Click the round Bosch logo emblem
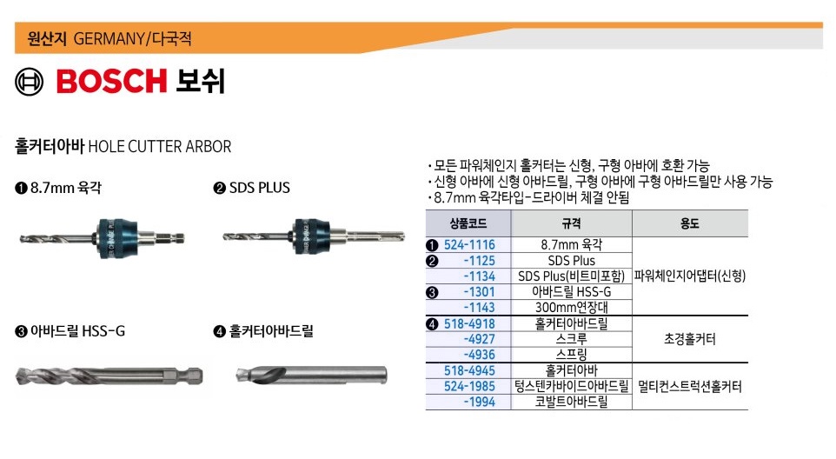30,82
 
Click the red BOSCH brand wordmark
112,81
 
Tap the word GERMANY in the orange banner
109,39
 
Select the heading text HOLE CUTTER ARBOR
159,147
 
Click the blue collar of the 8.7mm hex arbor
116,238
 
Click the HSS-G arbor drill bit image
109,376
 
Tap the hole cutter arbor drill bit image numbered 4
311,375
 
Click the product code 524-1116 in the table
469,244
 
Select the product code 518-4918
469,323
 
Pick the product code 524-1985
469,386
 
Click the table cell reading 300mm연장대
572,308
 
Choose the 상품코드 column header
468,223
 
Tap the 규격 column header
572,223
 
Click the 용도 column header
689,223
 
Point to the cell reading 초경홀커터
690,339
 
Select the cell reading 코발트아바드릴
572,402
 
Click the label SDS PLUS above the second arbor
260,188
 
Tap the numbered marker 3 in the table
433,293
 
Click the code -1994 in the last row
480,402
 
